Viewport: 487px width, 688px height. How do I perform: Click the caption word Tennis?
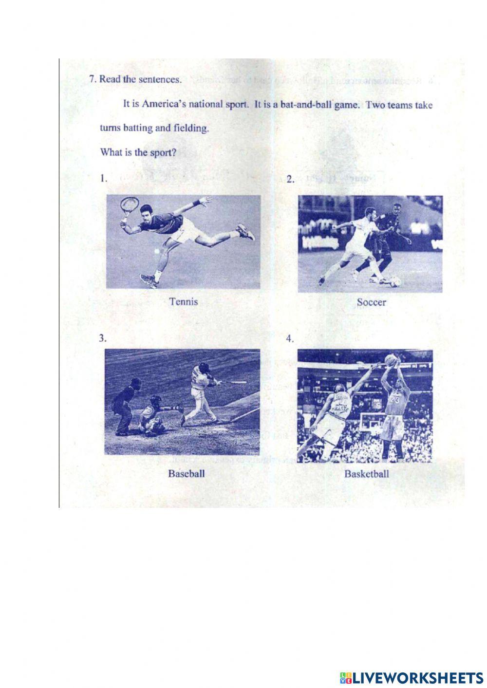[183, 302]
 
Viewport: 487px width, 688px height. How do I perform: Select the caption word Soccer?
[371, 302]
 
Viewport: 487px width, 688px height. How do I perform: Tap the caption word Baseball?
[186, 473]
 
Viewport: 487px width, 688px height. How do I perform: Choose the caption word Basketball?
[367, 474]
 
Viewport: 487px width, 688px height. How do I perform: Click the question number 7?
[92, 80]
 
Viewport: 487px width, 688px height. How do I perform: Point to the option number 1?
[103, 178]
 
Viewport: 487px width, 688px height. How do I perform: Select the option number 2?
[290, 180]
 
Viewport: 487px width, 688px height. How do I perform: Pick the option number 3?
[102, 338]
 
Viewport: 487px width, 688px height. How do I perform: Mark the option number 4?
[290, 338]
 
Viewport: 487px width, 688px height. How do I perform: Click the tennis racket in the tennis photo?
[128, 207]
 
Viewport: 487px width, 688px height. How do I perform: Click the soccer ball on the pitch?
[395, 281]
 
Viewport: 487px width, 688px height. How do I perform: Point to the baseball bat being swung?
[235, 383]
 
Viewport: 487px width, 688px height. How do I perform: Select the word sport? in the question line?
[163, 152]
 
